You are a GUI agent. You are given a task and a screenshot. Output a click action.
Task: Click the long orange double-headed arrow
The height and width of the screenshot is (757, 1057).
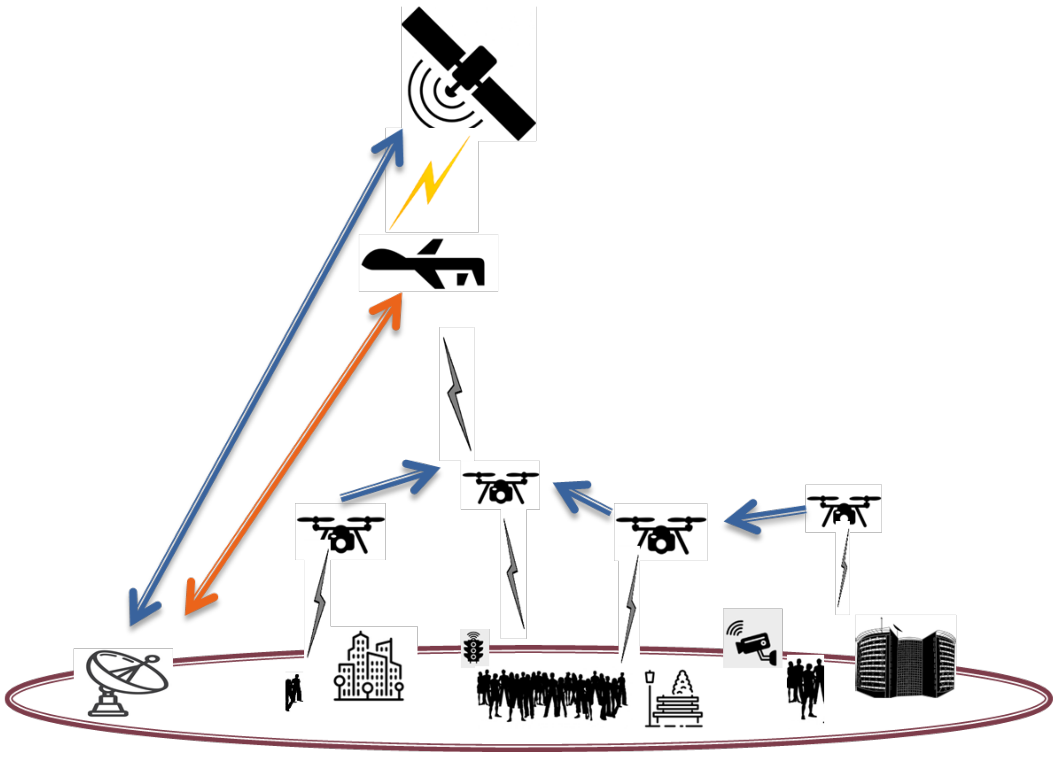(x=294, y=454)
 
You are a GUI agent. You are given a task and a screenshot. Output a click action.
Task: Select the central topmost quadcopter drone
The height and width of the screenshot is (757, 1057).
(x=500, y=487)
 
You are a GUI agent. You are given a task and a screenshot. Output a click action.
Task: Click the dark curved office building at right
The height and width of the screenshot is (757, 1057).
(x=905, y=660)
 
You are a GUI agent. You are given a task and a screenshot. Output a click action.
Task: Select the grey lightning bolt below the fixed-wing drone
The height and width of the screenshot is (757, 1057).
(x=457, y=394)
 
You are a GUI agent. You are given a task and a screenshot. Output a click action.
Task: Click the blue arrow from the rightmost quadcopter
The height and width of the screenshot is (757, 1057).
(x=764, y=516)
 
